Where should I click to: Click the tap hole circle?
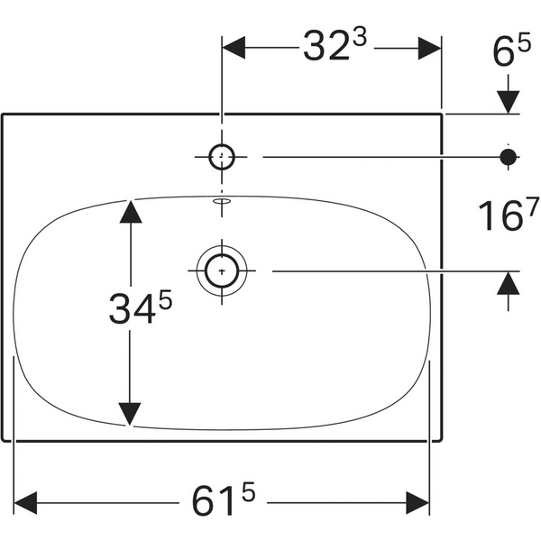[x=222, y=157]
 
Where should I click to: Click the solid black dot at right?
[x=509, y=157]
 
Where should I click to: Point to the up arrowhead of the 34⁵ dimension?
[x=132, y=211]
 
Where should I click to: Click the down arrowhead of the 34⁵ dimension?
[x=132, y=413]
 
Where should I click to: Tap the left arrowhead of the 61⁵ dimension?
[x=25, y=500]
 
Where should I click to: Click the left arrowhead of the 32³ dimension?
[x=234, y=47]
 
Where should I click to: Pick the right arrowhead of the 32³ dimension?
[x=430, y=47]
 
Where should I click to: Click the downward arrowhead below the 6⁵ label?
[x=509, y=100]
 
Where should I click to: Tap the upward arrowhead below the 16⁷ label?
[x=509, y=283]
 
